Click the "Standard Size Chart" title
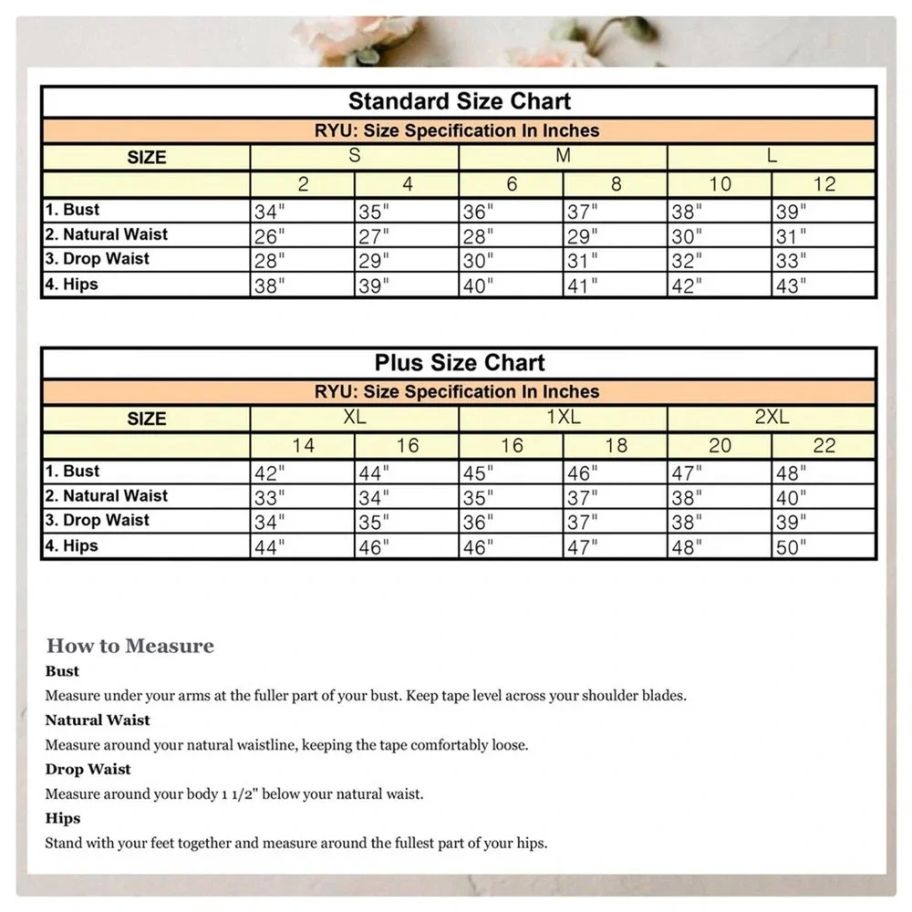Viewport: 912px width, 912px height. (x=459, y=101)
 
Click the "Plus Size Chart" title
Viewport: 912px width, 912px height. (x=459, y=363)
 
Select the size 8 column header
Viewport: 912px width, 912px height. (x=616, y=184)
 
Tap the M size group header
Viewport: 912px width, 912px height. (x=563, y=157)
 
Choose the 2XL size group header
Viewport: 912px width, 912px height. (x=772, y=419)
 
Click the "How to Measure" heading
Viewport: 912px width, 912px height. (x=130, y=647)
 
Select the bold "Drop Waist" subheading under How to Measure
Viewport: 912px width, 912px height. (x=88, y=769)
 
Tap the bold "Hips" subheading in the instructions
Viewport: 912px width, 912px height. (x=63, y=818)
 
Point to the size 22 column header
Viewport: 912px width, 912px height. (x=824, y=446)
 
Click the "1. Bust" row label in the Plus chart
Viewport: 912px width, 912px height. (x=73, y=472)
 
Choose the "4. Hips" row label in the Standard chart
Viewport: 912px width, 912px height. (x=72, y=285)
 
